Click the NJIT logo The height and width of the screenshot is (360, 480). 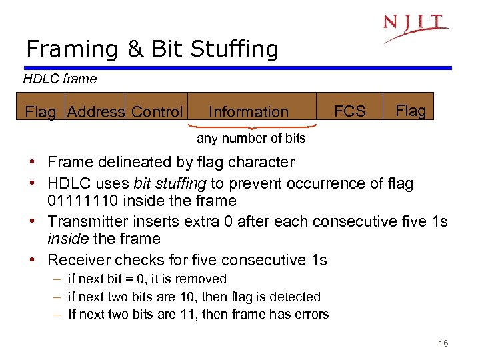415,27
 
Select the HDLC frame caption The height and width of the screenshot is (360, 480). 60,79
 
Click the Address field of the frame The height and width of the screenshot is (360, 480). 95,112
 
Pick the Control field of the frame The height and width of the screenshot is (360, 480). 157,112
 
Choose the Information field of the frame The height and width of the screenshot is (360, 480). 249,112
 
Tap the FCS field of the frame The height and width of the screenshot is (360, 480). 350,111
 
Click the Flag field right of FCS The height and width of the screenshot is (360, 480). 411,111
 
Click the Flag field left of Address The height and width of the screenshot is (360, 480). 40,112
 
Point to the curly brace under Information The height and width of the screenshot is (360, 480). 250,125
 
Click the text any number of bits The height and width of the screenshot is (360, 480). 251,139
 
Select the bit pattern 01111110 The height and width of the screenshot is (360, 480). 76,201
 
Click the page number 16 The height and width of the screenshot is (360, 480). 443,343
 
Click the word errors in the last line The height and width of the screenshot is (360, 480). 312,314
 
